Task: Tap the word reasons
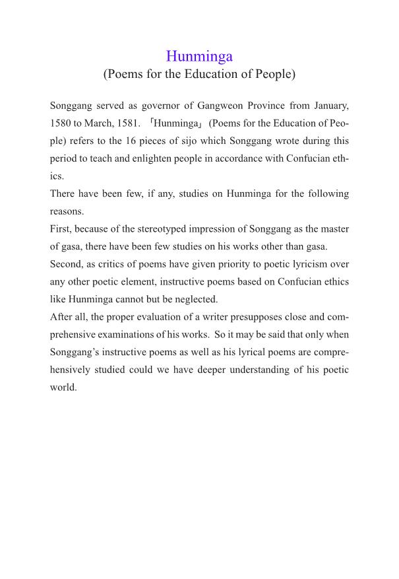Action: point(65,211)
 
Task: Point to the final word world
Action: point(63,388)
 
